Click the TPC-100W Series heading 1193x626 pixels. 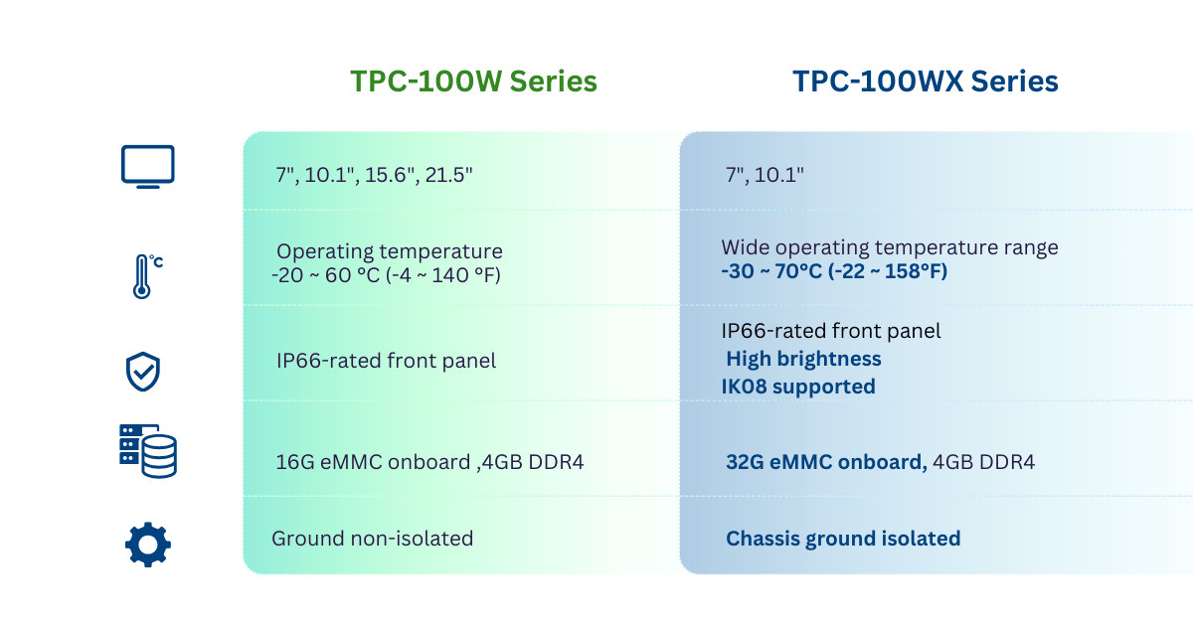473,81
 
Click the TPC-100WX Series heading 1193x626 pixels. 926,81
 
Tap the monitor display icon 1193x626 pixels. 147,167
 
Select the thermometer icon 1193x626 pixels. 147,276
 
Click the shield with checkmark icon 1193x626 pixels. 143,372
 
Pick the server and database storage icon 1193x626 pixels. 147,451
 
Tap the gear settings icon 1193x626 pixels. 148,545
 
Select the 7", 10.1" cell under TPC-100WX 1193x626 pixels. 765,175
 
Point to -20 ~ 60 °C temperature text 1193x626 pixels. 386,275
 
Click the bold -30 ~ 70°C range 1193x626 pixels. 834,271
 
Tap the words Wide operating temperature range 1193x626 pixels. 890,247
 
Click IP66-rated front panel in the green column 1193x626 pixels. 386,361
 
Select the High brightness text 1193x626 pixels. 803,359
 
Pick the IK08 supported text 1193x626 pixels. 798,387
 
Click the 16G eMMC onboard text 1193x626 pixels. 373,462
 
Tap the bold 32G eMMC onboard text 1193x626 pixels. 826,462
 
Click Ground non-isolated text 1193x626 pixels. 372,539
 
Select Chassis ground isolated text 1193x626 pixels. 843,539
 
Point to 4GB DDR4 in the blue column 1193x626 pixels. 983,462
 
